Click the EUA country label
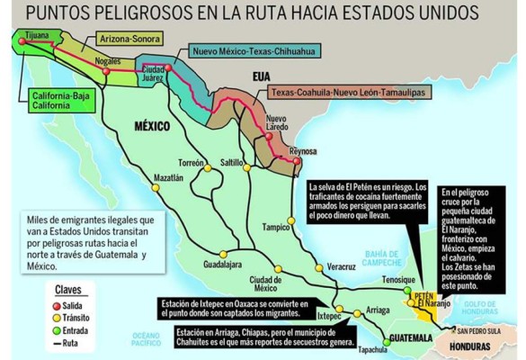click(x=262, y=77)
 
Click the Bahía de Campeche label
click(x=368, y=260)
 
